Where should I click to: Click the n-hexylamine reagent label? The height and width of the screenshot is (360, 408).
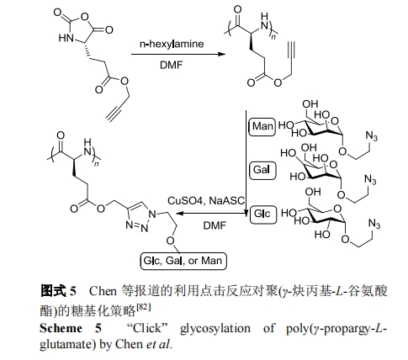point(172,44)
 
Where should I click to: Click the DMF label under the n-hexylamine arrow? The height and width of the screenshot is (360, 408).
point(171,65)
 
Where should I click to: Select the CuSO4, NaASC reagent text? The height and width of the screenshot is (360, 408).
point(206,201)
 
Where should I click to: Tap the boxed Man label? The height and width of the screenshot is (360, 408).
point(262,127)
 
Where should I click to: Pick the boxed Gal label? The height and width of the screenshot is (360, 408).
point(262,170)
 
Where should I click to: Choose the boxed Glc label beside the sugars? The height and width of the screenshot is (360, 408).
point(263,214)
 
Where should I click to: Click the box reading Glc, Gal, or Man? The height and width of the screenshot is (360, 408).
point(183,261)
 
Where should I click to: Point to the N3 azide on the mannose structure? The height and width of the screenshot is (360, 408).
point(372,136)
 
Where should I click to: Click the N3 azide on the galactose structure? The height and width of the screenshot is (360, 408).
point(370,179)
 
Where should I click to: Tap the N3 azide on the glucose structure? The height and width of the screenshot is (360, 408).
point(374,224)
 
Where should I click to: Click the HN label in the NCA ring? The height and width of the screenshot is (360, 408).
point(66,38)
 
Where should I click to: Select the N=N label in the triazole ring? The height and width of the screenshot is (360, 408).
point(136,226)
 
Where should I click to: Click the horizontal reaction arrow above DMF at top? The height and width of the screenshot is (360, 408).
point(178,54)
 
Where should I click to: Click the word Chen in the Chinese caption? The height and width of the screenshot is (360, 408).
point(103,291)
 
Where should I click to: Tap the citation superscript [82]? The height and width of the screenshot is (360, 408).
point(144,307)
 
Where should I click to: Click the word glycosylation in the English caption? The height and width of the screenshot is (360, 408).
point(215,329)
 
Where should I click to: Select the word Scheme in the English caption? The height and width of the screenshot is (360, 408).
point(61,328)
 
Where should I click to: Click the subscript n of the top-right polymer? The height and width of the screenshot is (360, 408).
point(273,37)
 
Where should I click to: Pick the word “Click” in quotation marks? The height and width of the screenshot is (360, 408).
point(147,328)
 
